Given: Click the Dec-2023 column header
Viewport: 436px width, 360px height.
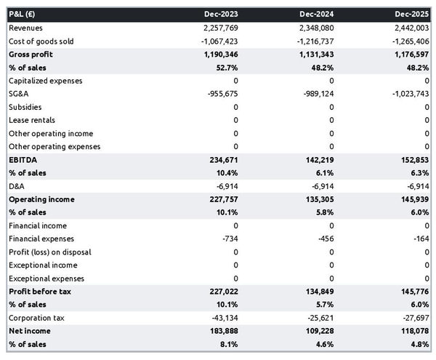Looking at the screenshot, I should click(x=222, y=14).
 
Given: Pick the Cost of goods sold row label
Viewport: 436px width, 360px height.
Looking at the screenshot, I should click(x=41, y=41).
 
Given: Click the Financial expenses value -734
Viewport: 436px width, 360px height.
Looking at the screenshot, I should click(x=230, y=239).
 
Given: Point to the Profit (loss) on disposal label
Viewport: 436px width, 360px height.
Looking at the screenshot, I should click(x=49, y=252).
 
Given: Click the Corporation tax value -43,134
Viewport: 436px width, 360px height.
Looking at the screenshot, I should click(x=224, y=319).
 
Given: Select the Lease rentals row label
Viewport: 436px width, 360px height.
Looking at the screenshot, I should click(x=31, y=120).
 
